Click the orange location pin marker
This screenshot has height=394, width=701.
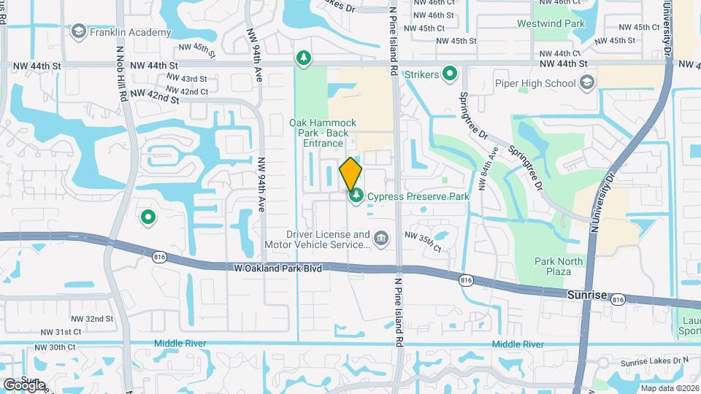[x=351, y=173]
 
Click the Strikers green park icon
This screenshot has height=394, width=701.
[x=451, y=74]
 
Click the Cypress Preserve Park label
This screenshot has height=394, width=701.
[x=418, y=196]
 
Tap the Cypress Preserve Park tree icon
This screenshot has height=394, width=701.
[x=357, y=196]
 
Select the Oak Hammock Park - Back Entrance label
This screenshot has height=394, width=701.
[x=323, y=133]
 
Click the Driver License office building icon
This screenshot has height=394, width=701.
[x=380, y=239]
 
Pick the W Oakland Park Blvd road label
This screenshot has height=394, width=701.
[x=278, y=268]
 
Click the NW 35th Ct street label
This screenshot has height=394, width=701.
[x=422, y=242]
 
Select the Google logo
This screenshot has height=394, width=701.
[x=24, y=385]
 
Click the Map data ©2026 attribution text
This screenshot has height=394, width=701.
[x=669, y=388]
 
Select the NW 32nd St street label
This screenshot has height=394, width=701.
[x=92, y=319]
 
